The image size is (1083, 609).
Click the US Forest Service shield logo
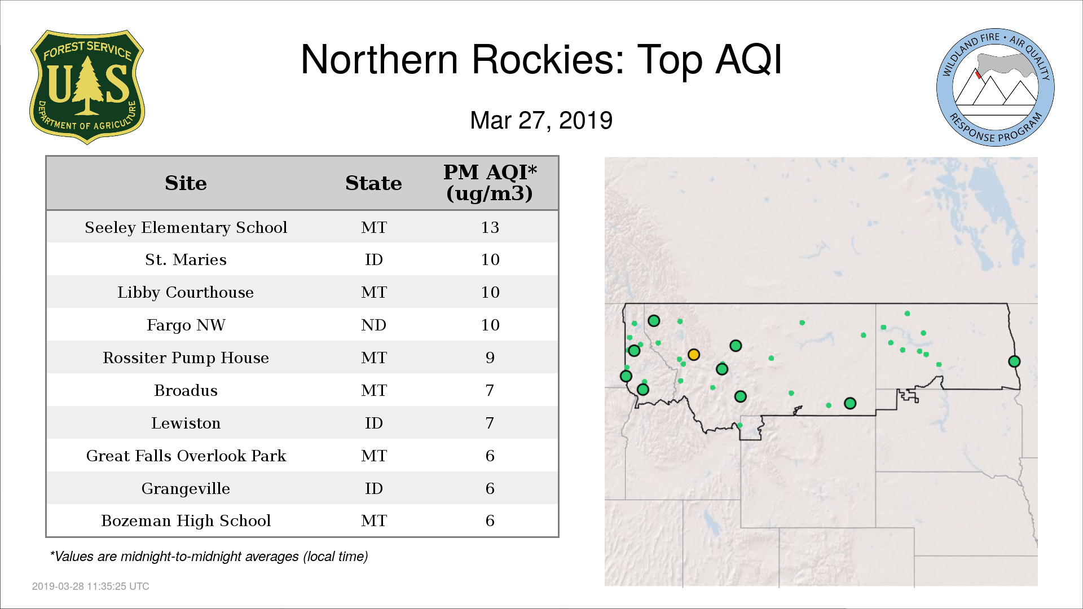pos(87,87)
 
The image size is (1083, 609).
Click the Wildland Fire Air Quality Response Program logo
pos(996,87)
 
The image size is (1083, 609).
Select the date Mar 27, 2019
pos(541,121)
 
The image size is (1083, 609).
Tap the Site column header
pos(186,183)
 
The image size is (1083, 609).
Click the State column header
pos(373,183)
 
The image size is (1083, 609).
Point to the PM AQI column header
pos(490,183)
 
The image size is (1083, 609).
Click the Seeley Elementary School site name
pos(186,227)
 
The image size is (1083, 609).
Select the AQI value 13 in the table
pos(490,227)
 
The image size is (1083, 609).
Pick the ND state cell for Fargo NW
pos(373,325)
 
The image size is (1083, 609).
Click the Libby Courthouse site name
pos(186,293)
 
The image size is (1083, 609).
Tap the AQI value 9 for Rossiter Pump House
pos(490,358)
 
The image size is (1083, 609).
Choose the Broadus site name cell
pos(186,391)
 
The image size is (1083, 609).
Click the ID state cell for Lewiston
pos(373,423)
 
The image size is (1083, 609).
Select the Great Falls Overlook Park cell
pos(186,456)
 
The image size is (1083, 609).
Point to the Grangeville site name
pos(186,489)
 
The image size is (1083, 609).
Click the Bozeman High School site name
pos(186,521)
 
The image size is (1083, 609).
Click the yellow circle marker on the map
pos(694,355)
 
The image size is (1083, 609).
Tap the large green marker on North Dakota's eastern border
pos(1014,361)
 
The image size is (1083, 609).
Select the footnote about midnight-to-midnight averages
pos(209,557)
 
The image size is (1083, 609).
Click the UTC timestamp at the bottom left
pos(91,586)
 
